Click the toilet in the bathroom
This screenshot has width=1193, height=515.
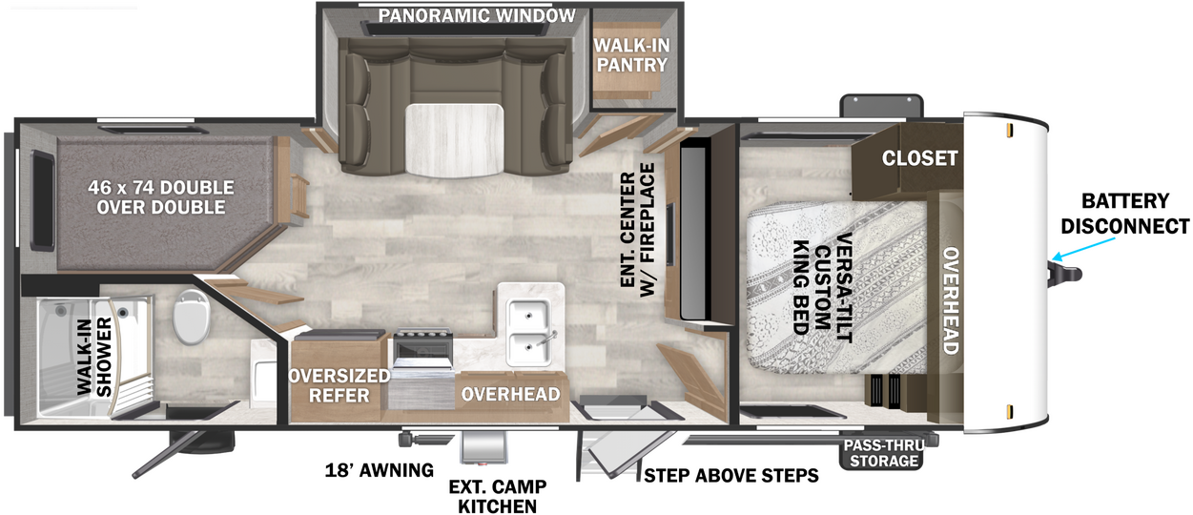191,317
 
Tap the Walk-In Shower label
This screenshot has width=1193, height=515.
94,357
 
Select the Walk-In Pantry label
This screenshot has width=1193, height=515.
631,55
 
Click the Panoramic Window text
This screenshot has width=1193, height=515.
477,15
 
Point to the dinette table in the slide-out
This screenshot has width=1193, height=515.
454,140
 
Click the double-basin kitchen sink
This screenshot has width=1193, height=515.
529,332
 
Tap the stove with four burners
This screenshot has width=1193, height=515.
422,348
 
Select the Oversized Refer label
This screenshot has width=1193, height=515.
339,385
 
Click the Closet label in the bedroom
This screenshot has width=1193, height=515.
919,157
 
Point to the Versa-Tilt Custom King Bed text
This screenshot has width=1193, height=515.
823,288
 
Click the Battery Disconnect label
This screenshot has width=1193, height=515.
1125,214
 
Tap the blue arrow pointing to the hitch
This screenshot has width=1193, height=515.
1083,249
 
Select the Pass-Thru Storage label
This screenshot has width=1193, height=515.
884,453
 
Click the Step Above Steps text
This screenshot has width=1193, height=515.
731,475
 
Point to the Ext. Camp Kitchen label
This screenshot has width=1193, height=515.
498,496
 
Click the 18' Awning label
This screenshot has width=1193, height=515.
380,470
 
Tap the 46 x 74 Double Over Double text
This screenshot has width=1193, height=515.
161,197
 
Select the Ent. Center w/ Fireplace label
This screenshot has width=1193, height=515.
638,230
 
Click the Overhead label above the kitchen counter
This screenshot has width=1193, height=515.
511,394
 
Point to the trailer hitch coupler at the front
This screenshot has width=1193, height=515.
1066,274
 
